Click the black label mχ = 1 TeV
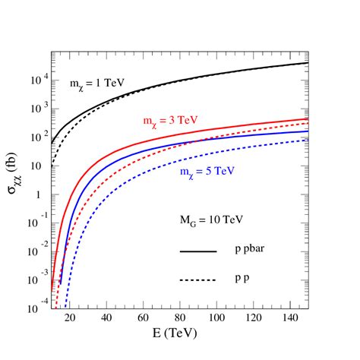pyautogui.click(x=92, y=84)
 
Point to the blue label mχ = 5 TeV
pyautogui.click(x=206, y=172)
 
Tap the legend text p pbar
pyautogui.click(x=251, y=250)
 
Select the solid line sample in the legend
pyautogui.click(x=198, y=251)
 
